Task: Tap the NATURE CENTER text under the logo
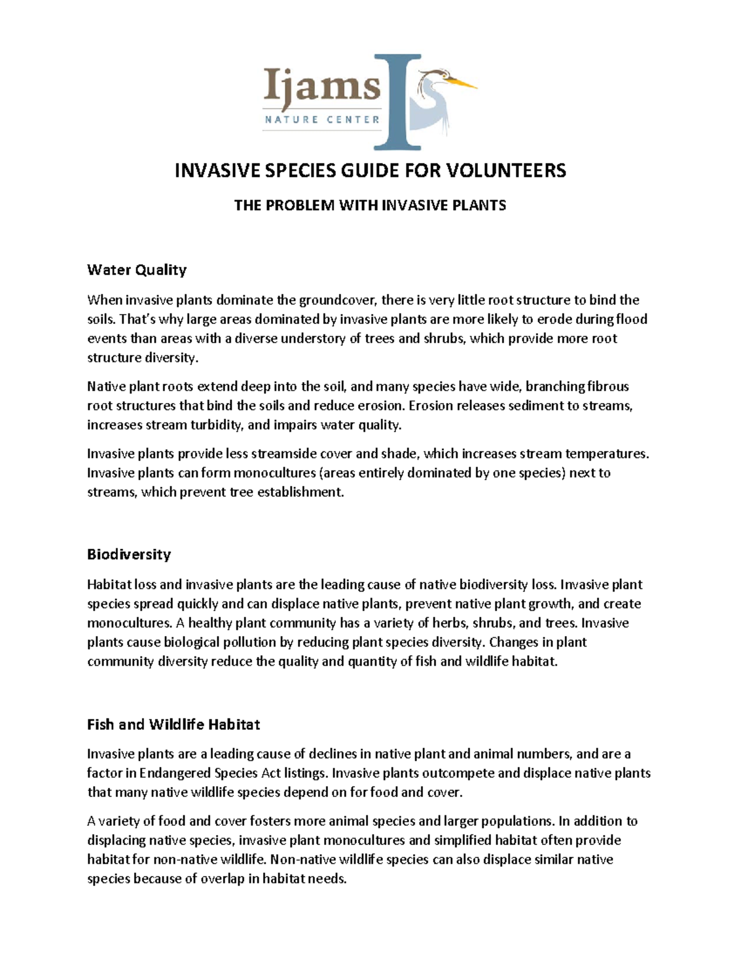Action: point(322,119)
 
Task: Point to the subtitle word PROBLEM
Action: point(300,205)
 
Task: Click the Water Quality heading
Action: point(136,270)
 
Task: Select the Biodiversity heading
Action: point(128,554)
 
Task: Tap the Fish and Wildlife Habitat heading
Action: point(173,724)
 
